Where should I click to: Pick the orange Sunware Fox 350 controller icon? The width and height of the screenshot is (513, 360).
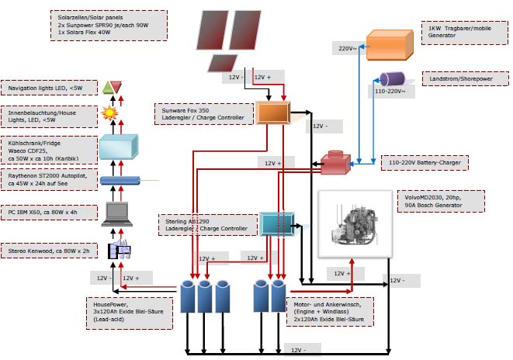point(272,113)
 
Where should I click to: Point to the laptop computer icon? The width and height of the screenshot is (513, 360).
point(119,211)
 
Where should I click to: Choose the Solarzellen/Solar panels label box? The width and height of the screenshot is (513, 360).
point(110,25)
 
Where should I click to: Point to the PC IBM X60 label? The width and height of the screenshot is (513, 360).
point(50,211)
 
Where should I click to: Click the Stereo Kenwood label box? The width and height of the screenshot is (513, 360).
point(50,250)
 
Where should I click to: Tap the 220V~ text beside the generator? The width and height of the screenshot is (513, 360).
point(347,48)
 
